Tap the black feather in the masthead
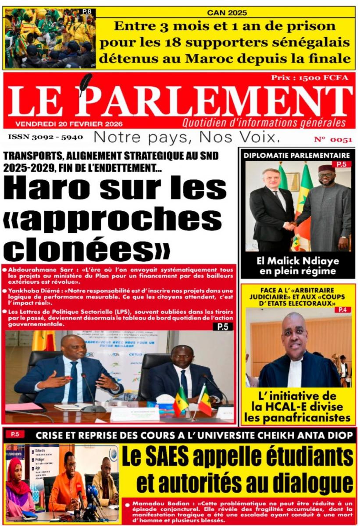tap(85, 85)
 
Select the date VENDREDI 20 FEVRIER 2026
tap(69, 124)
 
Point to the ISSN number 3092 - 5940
tap(45, 137)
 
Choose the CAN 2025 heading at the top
tap(227, 13)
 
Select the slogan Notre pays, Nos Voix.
tap(187, 137)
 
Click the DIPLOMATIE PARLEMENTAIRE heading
tap(297, 155)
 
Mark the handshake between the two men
tap(290, 225)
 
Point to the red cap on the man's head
tap(326, 169)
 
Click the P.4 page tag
tap(342, 310)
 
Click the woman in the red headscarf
tap(19, 487)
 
